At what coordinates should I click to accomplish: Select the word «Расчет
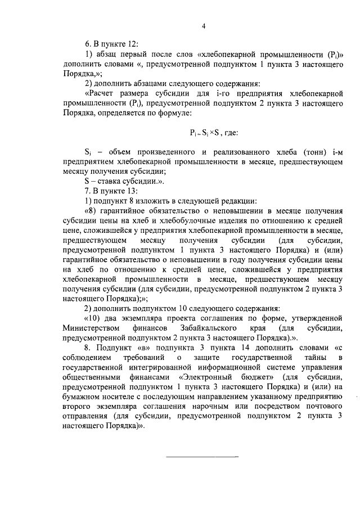[x=102, y=93]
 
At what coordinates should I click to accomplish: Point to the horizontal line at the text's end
[x=203, y=456]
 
